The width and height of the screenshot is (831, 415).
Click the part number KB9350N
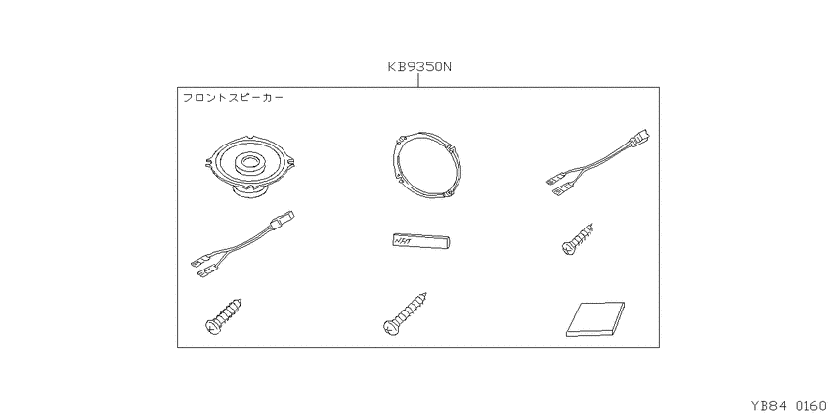[418, 67]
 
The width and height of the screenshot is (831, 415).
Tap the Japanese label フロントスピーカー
[234, 98]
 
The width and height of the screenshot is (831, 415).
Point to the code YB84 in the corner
[769, 406]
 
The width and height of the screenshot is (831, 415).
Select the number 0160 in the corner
[810, 406]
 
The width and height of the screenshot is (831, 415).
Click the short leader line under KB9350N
[418, 80]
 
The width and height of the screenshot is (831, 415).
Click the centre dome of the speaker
[251, 160]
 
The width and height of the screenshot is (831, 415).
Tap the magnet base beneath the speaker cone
[252, 191]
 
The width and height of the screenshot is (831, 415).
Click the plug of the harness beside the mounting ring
[640, 139]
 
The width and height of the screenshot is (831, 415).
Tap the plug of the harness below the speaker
[284, 221]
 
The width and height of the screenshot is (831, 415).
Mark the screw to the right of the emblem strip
[577, 239]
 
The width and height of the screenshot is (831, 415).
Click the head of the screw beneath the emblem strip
[389, 328]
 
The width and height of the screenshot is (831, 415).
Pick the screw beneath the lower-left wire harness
[224, 315]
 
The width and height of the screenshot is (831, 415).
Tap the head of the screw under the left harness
[212, 326]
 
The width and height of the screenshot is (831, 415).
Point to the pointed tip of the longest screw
[426, 293]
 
